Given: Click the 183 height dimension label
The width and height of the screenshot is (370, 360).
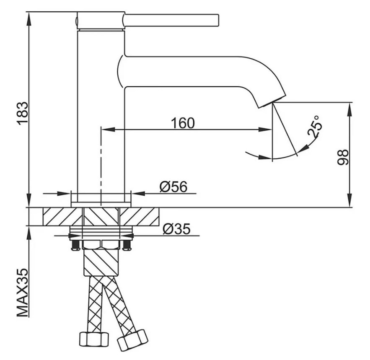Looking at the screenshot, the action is pos(23,113).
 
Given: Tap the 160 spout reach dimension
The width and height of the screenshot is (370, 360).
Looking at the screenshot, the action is pos(183,123).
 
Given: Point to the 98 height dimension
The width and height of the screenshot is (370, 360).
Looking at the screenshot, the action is pos(342,157).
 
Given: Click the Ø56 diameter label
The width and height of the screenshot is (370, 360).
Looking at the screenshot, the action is pos(173,187).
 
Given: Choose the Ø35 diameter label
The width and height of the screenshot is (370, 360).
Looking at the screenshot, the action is pos(176,229).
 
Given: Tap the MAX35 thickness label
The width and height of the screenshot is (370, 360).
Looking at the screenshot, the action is pos(23,293).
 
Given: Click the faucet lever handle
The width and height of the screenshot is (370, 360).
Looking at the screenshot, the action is pos(171,20).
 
